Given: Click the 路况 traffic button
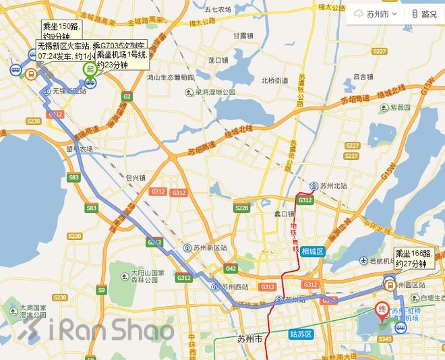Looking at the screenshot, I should click(x=424, y=13).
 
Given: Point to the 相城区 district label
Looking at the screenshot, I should click(x=314, y=251).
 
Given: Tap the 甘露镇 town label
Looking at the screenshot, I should click(x=242, y=36).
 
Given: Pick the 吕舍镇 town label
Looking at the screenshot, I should click(x=363, y=77).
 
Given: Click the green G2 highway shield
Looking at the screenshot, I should click(x=126, y=96).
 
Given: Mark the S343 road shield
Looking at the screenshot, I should click(x=385, y=339).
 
